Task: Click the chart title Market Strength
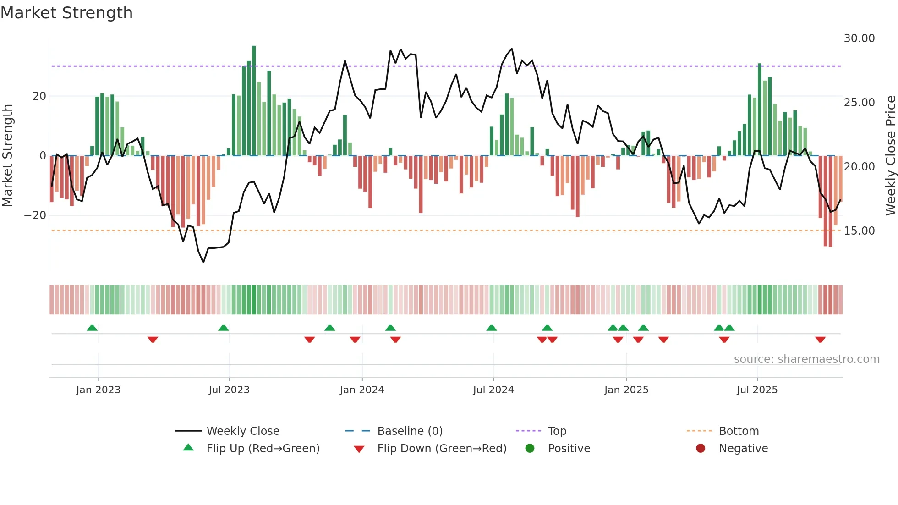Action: (x=66, y=13)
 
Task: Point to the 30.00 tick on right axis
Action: (x=859, y=38)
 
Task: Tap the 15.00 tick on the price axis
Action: (x=859, y=231)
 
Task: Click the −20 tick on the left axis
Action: (x=35, y=215)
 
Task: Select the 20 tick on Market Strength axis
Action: (x=39, y=96)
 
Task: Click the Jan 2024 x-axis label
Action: (x=361, y=390)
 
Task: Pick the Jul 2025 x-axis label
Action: (x=757, y=390)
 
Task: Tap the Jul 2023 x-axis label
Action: (x=229, y=390)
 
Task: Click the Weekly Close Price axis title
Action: (x=890, y=156)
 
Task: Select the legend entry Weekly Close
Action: (x=242, y=431)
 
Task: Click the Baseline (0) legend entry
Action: (x=410, y=431)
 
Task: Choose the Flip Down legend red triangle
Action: (x=359, y=449)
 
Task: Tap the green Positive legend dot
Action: (x=530, y=449)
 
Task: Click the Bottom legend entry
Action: (x=739, y=431)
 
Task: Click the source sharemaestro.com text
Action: (x=806, y=359)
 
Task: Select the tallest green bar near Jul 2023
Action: (x=254, y=101)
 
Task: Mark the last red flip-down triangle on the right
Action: (x=820, y=340)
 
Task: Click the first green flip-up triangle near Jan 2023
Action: (x=92, y=328)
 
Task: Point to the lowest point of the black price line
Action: (x=203, y=262)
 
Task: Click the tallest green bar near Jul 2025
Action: (x=760, y=110)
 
